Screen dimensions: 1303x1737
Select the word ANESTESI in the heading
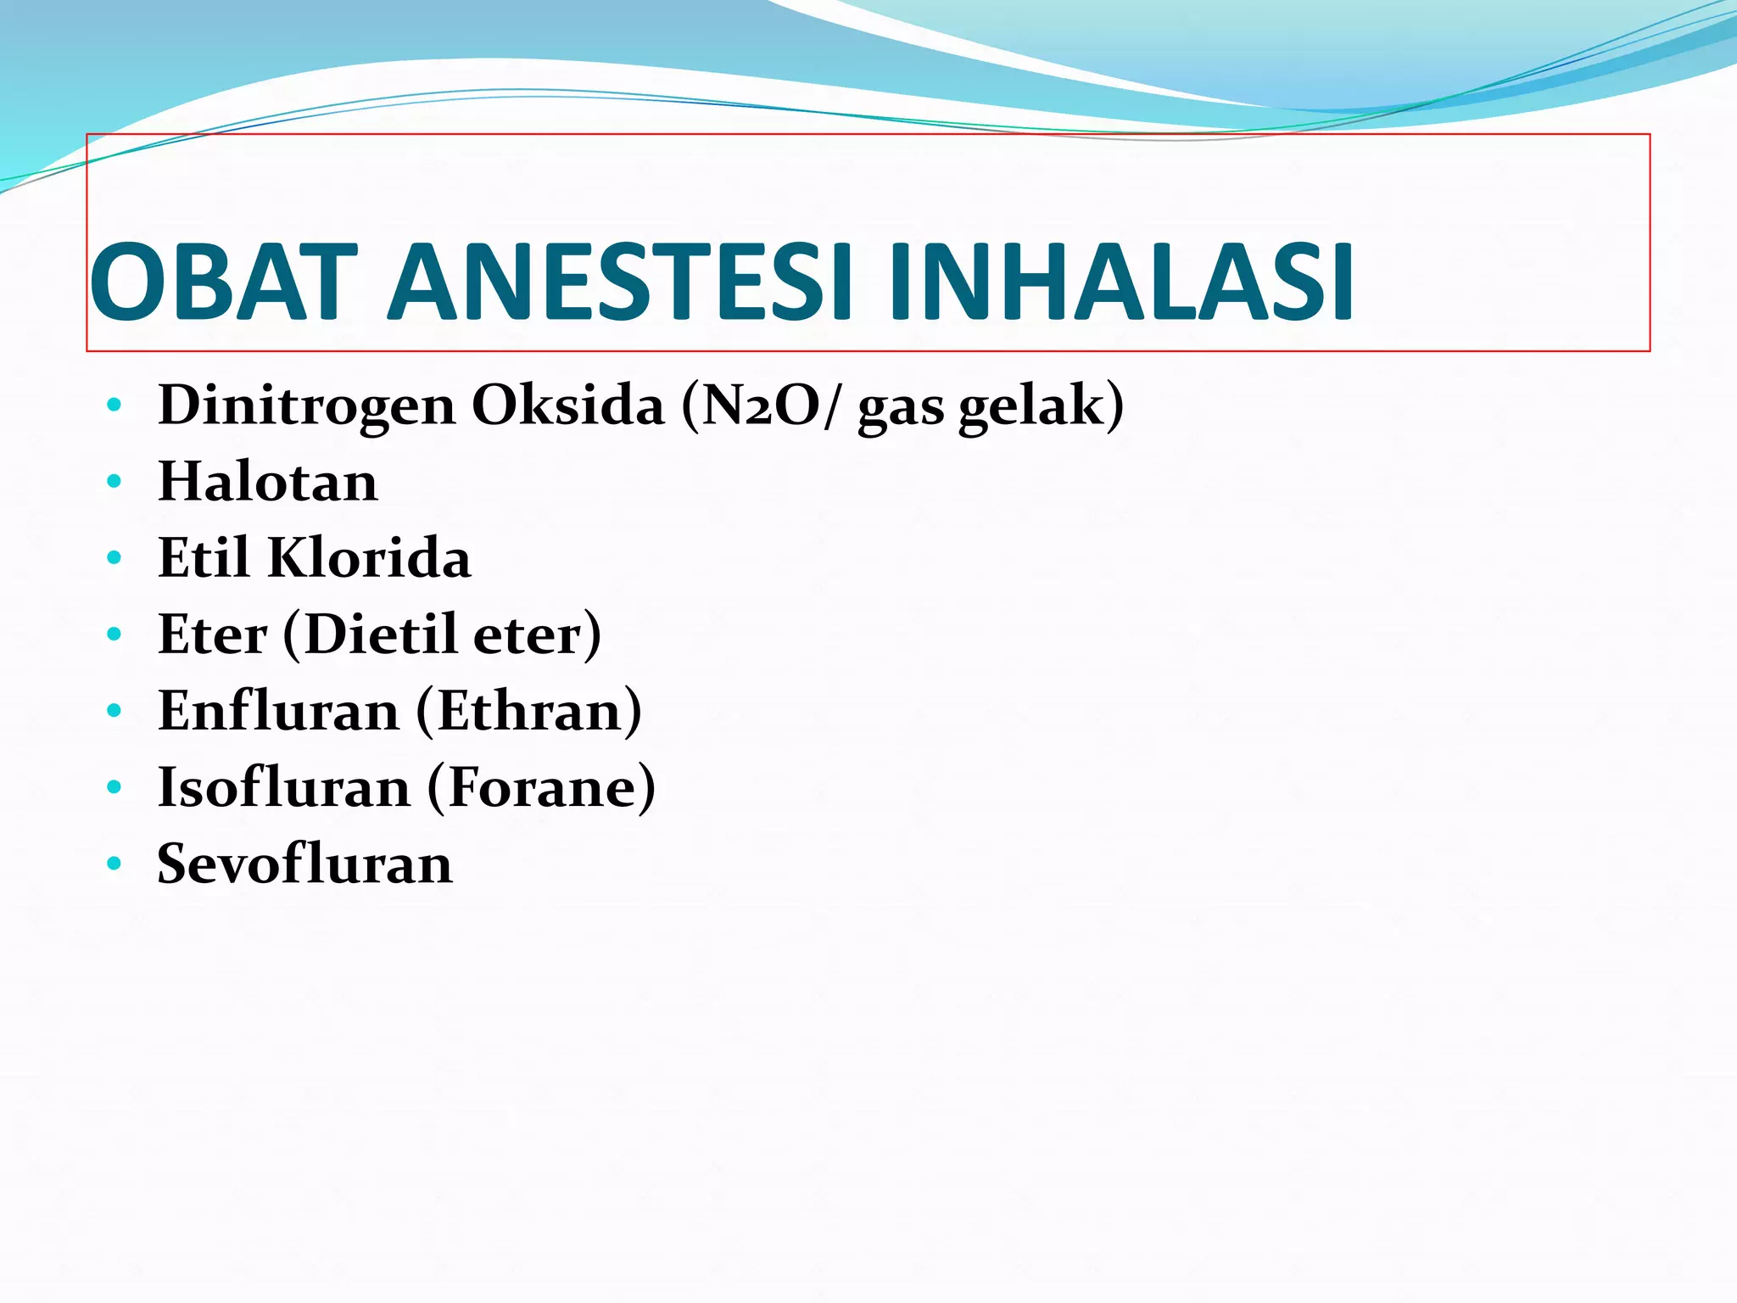coord(619,283)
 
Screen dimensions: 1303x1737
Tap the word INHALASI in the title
coord(1120,283)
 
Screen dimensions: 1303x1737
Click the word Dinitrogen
coord(307,405)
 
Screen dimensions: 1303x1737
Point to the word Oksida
coord(567,405)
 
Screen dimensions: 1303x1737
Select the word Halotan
coord(268,482)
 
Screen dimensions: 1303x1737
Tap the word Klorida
coord(369,558)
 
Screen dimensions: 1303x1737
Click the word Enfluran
coord(278,711)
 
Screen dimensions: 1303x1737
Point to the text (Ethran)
coord(528,711)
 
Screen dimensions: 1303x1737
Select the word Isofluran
coord(284,787)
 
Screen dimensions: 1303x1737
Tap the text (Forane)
coord(541,787)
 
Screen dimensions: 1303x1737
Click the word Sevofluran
coord(305,864)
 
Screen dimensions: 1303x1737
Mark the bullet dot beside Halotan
coord(114,482)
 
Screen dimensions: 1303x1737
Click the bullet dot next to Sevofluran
coord(114,864)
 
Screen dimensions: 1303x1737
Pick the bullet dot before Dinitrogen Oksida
coord(114,405)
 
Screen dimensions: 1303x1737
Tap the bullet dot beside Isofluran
coord(114,787)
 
